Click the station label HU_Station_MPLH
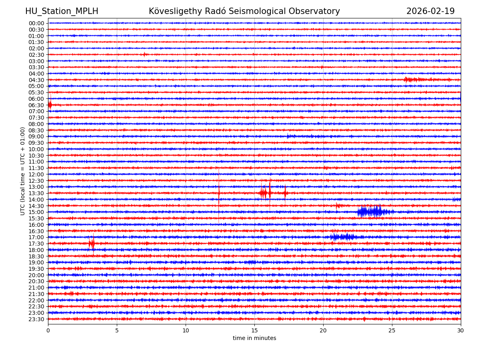coord(62,11)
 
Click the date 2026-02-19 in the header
coord(430,11)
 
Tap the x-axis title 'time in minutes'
coord(254,338)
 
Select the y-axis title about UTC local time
coord(23,171)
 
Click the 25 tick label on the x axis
coord(392,330)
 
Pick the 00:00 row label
coord(36,23)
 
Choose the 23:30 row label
coord(36,319)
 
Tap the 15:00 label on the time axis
coord(36,212)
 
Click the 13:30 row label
coord(36,193)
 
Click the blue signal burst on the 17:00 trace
coord(344,237)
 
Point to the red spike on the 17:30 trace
coord(92,243)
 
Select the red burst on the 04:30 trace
coord(412,80)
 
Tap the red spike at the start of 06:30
coord(50,105)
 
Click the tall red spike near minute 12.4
coord(219,193)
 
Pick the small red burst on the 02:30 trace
coord(144,54)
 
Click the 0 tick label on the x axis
coord(48,330)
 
